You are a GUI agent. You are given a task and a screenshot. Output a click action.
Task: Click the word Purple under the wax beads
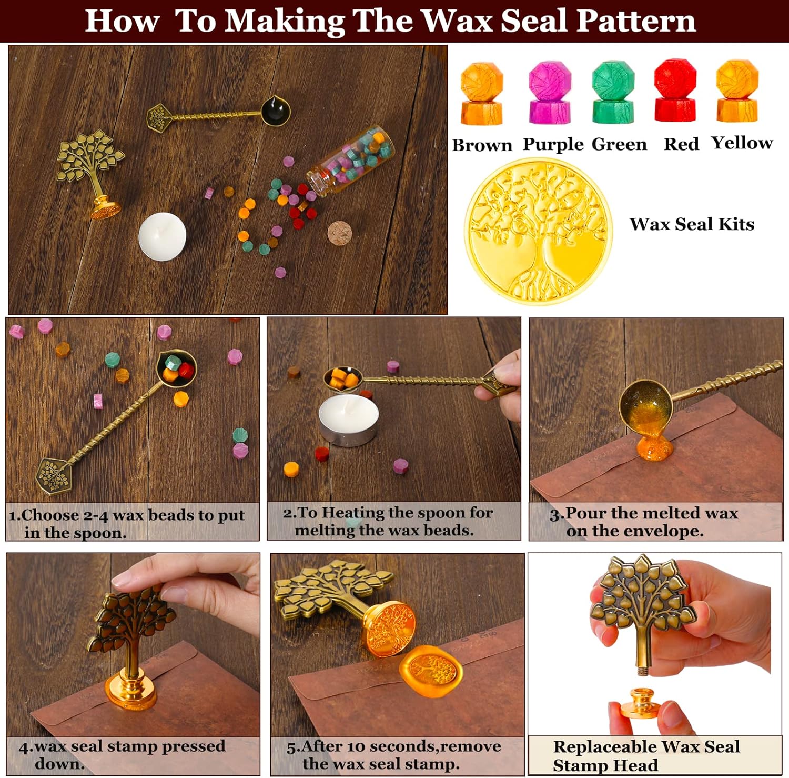click(x=553, y=145)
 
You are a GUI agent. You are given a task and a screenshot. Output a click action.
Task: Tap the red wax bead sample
click(x=675, y=91)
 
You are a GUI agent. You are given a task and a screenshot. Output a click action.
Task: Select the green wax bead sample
click(x=613, y=92)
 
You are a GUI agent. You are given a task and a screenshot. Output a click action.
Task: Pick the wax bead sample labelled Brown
click(x=482, y=93)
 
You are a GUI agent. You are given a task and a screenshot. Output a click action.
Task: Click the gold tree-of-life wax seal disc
click(x=538, y=232)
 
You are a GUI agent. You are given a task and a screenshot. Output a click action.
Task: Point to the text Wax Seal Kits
click(x=692, y=224)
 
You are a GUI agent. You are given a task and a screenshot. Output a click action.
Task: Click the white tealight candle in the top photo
click(x=162, y=236)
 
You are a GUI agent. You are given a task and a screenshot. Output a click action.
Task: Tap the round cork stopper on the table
click(x=339, y=233)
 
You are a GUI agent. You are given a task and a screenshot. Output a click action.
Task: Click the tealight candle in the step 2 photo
click(x=349, y=420)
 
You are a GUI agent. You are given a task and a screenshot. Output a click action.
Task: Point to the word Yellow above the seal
click(x=742, y=144)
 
